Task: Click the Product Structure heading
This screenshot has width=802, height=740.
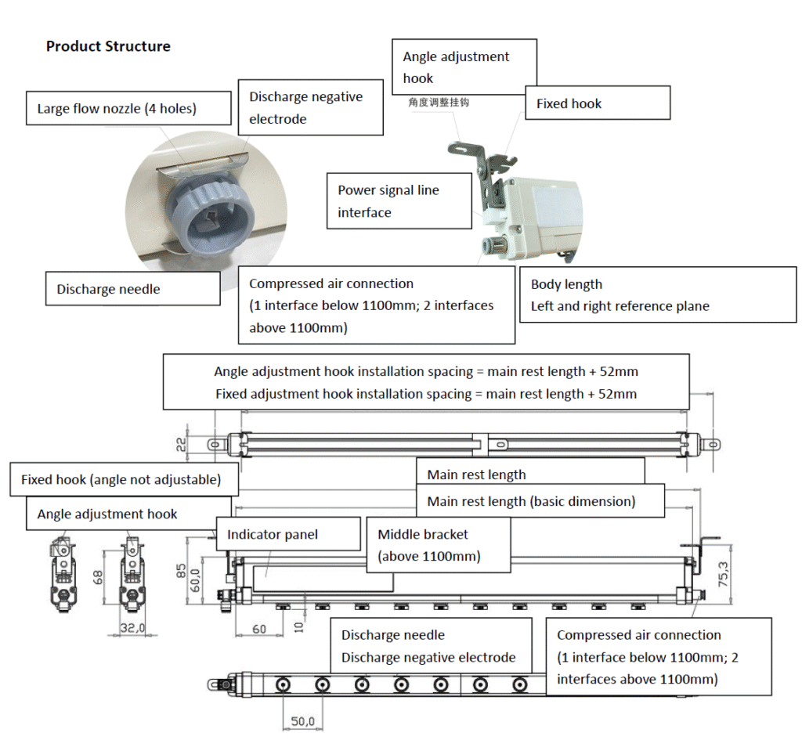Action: pos(108,46)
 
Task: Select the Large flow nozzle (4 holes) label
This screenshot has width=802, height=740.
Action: pos(117,109)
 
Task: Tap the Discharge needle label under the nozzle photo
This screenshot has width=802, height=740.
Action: pos(108,289)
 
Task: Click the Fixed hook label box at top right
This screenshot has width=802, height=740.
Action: pos(569,103)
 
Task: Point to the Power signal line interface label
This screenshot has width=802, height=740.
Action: pos(388,201)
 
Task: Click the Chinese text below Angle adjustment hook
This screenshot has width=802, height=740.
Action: pos(439,102)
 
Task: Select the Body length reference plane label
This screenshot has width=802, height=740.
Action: pos(620,295)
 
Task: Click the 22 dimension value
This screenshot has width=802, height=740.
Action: pos(180,444)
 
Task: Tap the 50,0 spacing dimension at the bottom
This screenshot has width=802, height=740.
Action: pos(302,720)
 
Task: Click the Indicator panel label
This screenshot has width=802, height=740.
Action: pos(273,535)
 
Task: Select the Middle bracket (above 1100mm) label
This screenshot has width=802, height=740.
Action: pos(423,545)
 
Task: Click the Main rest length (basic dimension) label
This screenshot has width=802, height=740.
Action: pos(531,501)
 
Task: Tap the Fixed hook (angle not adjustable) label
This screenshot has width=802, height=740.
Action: pos(121,479)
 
